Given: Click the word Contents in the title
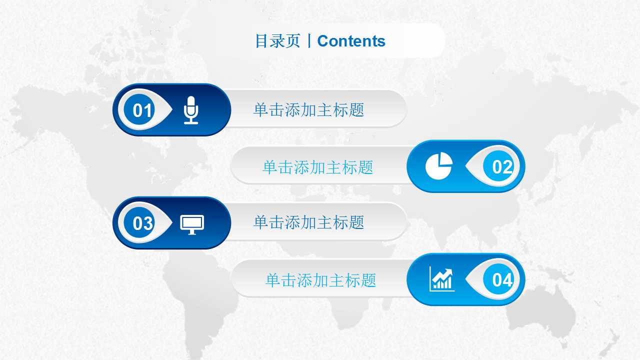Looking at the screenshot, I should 351,41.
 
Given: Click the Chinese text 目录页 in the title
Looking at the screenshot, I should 277,41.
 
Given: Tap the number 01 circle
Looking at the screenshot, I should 142,110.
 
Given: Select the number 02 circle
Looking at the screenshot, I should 502,166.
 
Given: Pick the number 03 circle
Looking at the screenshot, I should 142,223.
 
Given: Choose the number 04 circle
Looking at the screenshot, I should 502,280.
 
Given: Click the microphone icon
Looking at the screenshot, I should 191,110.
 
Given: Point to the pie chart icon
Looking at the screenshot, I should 438,166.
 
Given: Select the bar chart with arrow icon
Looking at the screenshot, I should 442,279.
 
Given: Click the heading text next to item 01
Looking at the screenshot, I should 308,110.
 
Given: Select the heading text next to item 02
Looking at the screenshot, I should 318,167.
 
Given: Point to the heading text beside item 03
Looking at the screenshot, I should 308,222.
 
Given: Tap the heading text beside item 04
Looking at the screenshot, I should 320,280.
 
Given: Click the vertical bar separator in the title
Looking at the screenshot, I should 309,41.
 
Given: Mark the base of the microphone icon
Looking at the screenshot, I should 191,122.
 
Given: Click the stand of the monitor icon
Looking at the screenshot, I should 192,232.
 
